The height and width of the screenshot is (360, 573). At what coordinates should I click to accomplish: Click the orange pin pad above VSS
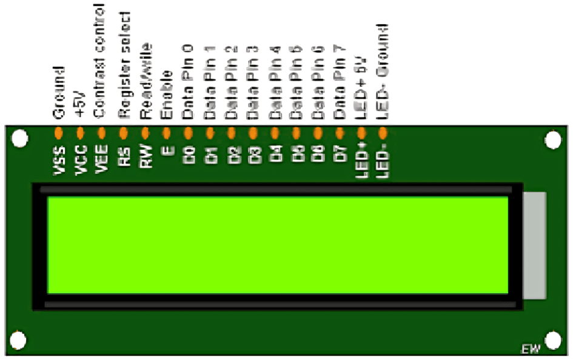59,132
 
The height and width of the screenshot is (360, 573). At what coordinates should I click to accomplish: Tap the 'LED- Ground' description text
383,72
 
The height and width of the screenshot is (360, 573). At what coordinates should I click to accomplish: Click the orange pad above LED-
383,132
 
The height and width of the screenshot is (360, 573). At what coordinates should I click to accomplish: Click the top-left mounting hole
19,139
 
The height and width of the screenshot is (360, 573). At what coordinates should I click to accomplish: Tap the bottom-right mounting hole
553,339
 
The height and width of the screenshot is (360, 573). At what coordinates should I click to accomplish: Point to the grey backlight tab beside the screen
534,245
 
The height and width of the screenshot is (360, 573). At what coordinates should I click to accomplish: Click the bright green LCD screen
277,245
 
